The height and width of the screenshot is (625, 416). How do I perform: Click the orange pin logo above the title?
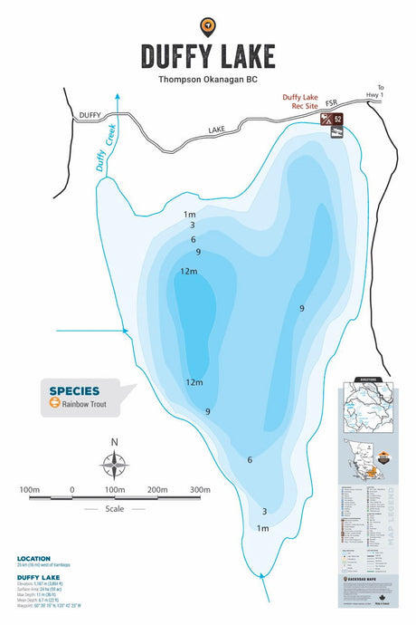click(207, 26)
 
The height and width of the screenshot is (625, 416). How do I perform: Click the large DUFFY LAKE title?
click(208, 56)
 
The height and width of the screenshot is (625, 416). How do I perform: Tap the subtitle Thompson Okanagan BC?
click(208, 79)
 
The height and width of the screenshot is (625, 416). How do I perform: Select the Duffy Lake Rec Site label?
click(305, 102)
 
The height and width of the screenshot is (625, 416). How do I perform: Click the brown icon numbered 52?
click(337, 119)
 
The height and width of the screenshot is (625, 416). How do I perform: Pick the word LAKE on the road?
click(216, 130)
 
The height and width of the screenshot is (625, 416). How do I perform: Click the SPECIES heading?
click(74, 391)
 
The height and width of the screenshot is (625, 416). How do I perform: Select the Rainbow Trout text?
click(85, 405)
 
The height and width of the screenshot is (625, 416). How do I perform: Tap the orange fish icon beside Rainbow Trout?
click(54, 405)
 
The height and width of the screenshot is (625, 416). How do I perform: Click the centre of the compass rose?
click(114, 465)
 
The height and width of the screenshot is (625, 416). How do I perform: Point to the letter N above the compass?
click(114, 442)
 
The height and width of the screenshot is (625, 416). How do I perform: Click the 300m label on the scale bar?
click(201, 490)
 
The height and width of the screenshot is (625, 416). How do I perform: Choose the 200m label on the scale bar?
click(157, 490)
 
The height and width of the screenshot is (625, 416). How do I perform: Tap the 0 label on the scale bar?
click(71, 490)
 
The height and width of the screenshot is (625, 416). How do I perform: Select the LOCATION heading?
click(34, 558)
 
